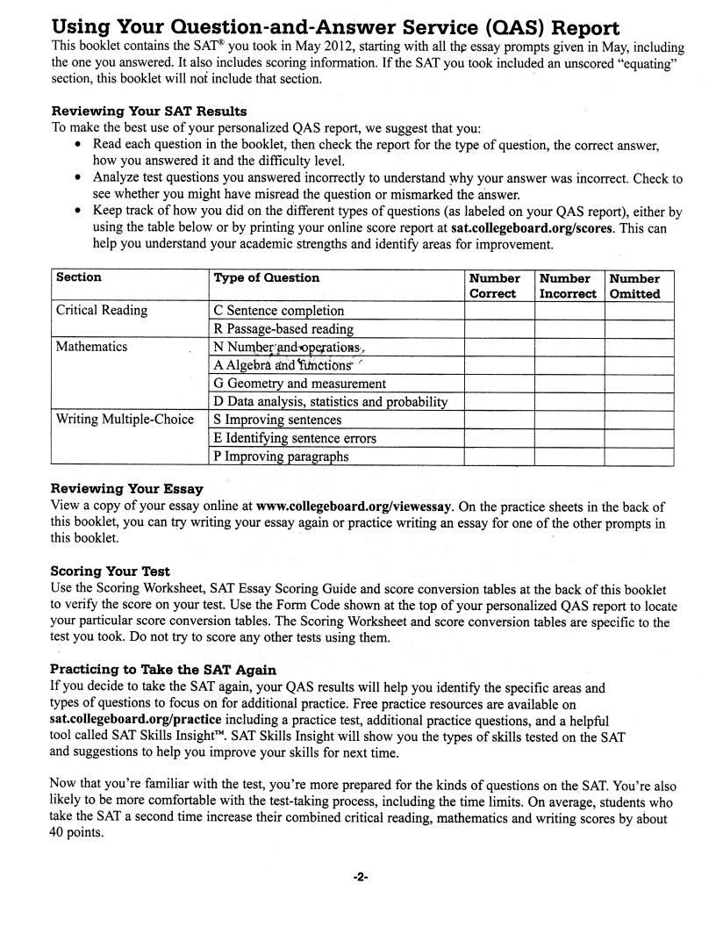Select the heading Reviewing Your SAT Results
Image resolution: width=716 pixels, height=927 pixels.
click(x=149, y=111)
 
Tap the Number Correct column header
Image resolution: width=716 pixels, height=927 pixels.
click(x=498, y=286)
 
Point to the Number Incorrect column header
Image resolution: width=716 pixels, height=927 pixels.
click(x=568, y=286)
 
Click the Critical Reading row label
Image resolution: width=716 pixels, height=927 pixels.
click(x=102, y=310)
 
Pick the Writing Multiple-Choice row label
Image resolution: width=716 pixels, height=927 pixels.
click(x=125, y=420)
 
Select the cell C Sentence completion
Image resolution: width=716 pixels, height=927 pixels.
click(x=279, y=311)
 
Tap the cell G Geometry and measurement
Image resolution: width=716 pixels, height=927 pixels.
click(x=299, y=384)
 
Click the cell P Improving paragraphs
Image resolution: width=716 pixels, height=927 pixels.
click(x=281, y=456)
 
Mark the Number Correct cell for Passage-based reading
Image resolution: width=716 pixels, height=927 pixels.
click(x=498, y=329)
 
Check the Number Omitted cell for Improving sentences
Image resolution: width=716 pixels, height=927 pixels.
click(x=639, y=420)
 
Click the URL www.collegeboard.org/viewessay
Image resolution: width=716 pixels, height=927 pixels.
click(x=354, y=507)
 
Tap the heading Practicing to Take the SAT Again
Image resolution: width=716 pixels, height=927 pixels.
click(x=163, y=670)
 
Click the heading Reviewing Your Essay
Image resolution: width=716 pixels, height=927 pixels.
click(x=127, y=489)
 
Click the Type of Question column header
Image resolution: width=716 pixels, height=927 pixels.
click(x=267, y=277)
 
